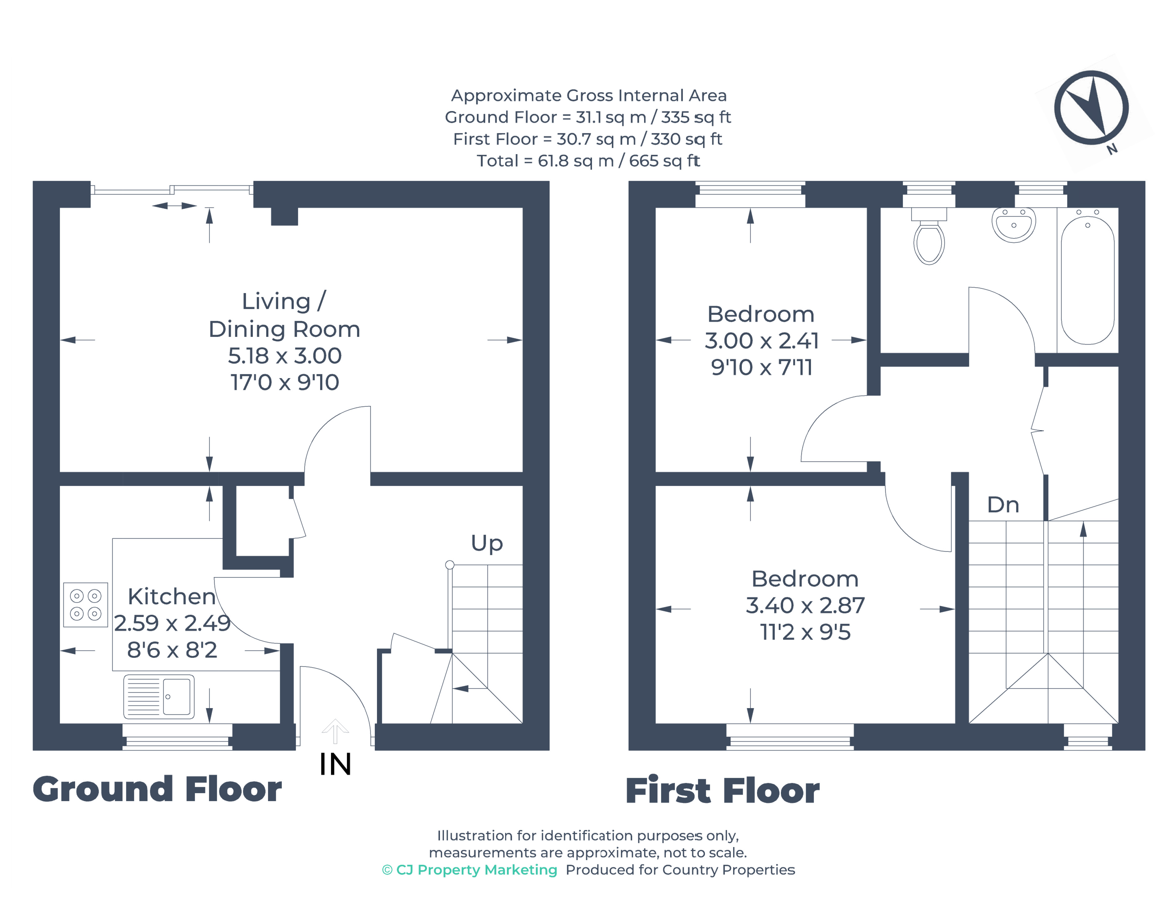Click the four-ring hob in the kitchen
point(85,605)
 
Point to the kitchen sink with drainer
point(159,696)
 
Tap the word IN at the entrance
point(335,765)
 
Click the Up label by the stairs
point(486,543)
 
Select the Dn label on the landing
point(1002,505)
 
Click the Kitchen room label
point(172,596)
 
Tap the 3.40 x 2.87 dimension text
point(804,605)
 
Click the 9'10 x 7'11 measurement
point(761,367)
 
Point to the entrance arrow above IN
point(335,731)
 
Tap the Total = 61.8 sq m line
point(588,161)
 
